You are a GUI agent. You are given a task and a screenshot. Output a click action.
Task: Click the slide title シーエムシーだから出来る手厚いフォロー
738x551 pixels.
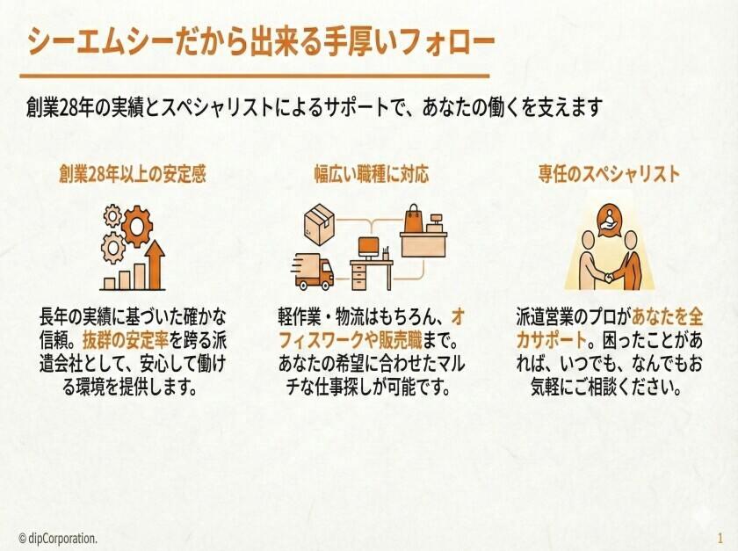point(261,42)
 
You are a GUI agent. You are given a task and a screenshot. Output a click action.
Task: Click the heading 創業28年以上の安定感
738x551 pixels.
point(133,174)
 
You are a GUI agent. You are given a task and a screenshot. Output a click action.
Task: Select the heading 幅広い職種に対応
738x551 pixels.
point(372,174)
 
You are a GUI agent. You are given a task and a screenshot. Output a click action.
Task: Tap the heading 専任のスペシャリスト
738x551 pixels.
point(609,174)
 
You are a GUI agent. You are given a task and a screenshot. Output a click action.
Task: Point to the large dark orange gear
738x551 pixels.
point(137,226)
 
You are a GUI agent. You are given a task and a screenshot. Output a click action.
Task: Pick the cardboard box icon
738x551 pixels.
point(319,224)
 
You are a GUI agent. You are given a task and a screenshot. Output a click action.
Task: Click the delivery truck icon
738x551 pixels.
point(313,272)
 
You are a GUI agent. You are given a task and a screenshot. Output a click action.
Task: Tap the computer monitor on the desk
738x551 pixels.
point(368,248)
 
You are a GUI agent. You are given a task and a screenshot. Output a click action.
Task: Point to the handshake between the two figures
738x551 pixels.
point(609,278)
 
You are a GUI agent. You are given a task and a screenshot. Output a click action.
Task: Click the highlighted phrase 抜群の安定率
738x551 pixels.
point(125,340)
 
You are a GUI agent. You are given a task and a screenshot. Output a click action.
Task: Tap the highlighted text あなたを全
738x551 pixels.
point(667,317)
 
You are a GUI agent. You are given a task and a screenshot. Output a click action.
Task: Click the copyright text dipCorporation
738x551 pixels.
point(58,538)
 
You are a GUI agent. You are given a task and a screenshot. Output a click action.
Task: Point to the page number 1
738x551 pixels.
point(720,538)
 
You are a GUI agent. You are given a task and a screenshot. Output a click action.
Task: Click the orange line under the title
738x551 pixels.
point(254,76)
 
